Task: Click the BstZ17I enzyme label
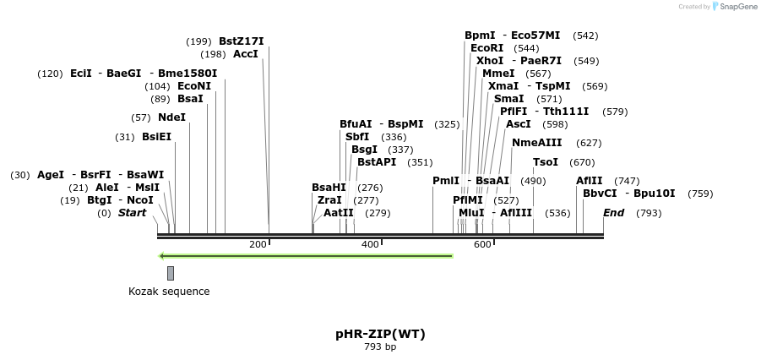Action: (x=241, y=41)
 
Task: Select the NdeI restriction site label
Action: (x=171, y=117)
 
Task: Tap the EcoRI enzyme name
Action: (x=486, y=48)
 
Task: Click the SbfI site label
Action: (x=357, y=137)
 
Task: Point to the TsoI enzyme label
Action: (x=545, y=162)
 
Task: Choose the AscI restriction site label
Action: (x=519, y=124)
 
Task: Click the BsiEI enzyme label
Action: (x=156, y=137)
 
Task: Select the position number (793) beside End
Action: (x=649, y=213)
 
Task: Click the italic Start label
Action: (x=132, y=213)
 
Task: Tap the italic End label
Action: (x=613, y=213)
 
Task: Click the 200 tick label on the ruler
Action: (x=258, y=244)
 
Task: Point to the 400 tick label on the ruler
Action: (x=370, y=244)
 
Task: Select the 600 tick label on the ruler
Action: (x=482, y=244)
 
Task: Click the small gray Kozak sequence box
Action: (x=171, y=273)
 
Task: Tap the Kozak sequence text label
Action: (x=169, y=292)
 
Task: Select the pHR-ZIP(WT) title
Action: (x=380, y=334)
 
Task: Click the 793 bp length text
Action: (x=380, y=346)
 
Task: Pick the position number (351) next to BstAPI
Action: (x=420, y=162)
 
